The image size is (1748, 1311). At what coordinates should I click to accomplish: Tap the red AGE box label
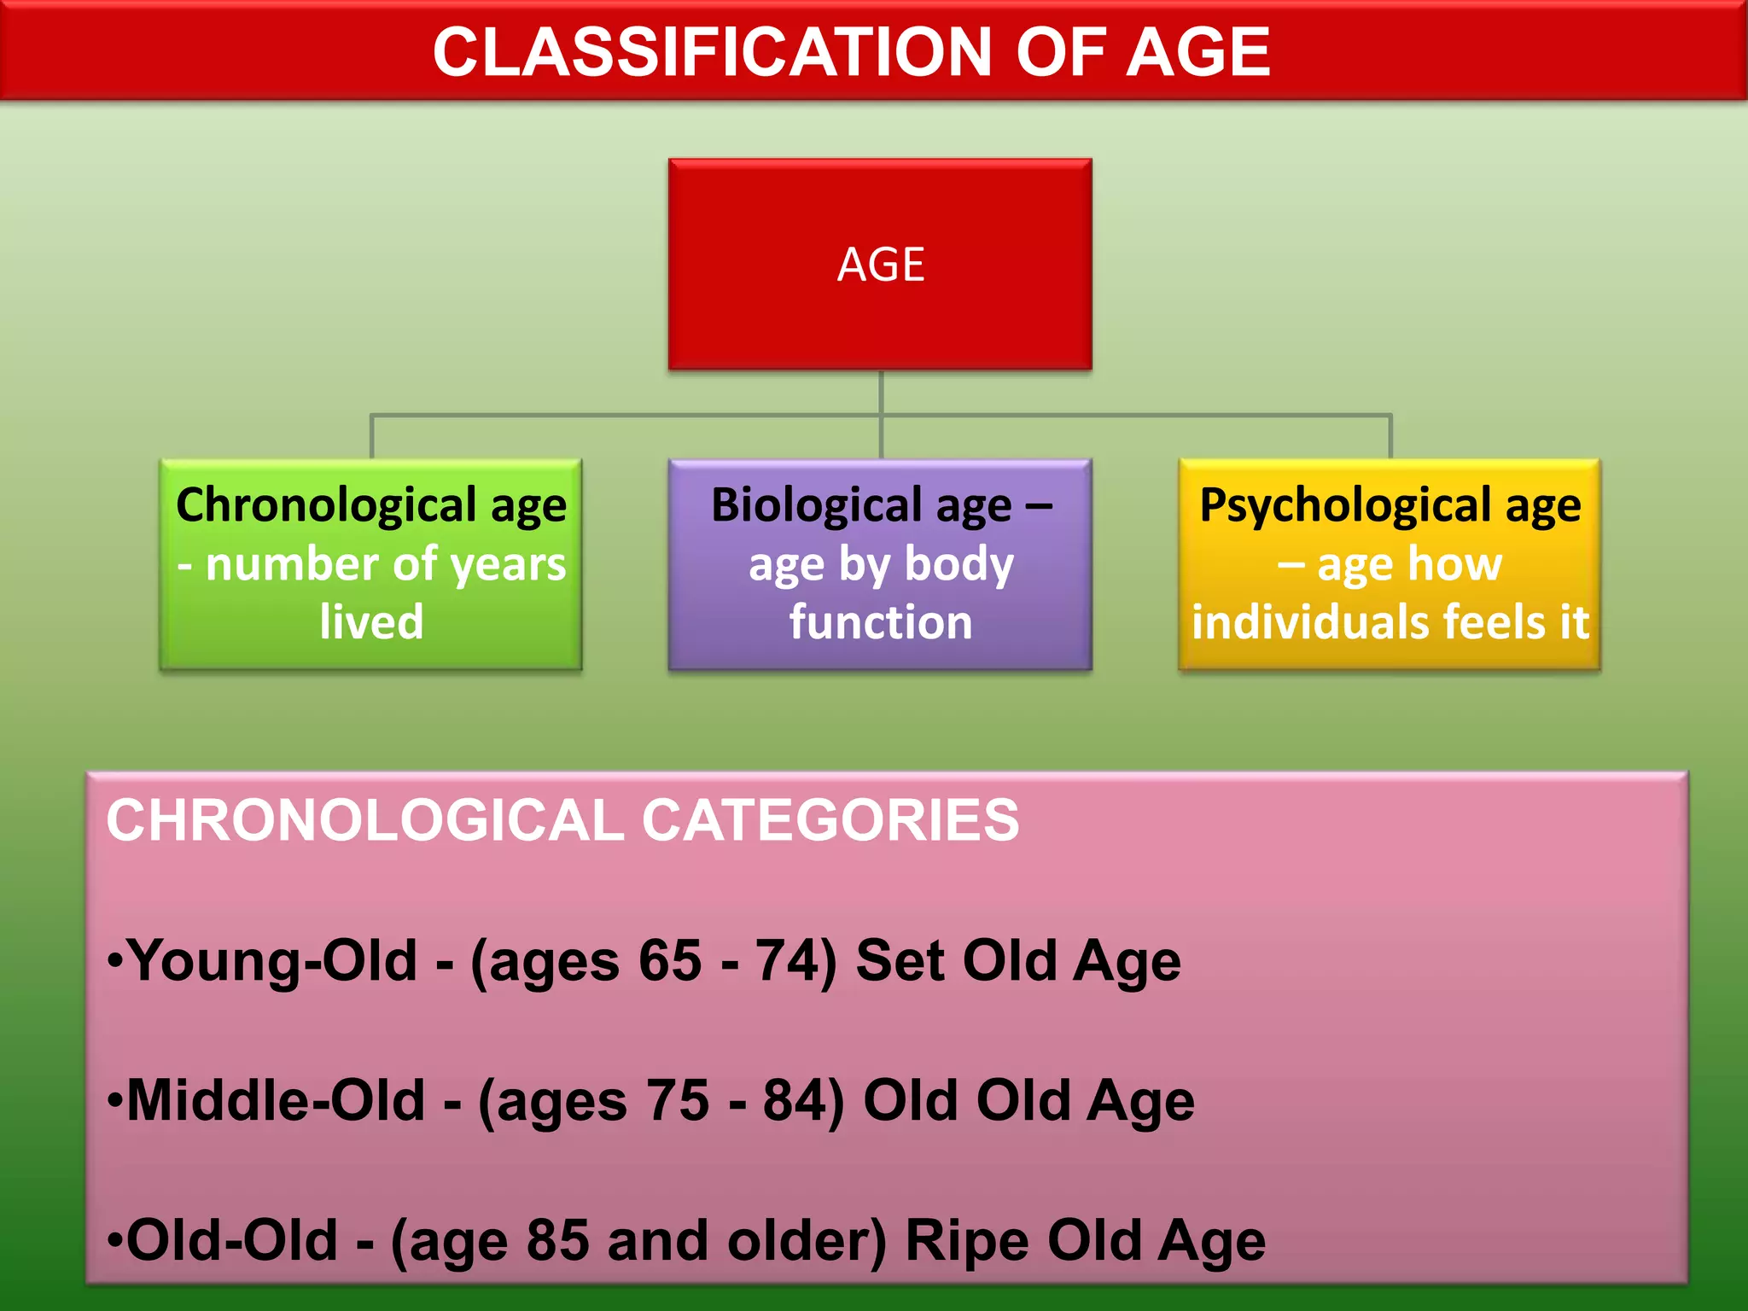pyautogui.click(x=880, y=265)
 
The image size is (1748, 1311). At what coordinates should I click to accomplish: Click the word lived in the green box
pyautogui.click(x=371, y=621)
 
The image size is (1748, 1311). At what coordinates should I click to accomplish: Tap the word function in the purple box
pyautogui.click(x=880, y=621)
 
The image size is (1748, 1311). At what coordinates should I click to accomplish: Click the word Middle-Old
pyautogui.click(x=276, y=1100)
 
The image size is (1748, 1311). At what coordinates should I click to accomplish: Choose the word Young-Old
pyautogui.click(x=272, y=960)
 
